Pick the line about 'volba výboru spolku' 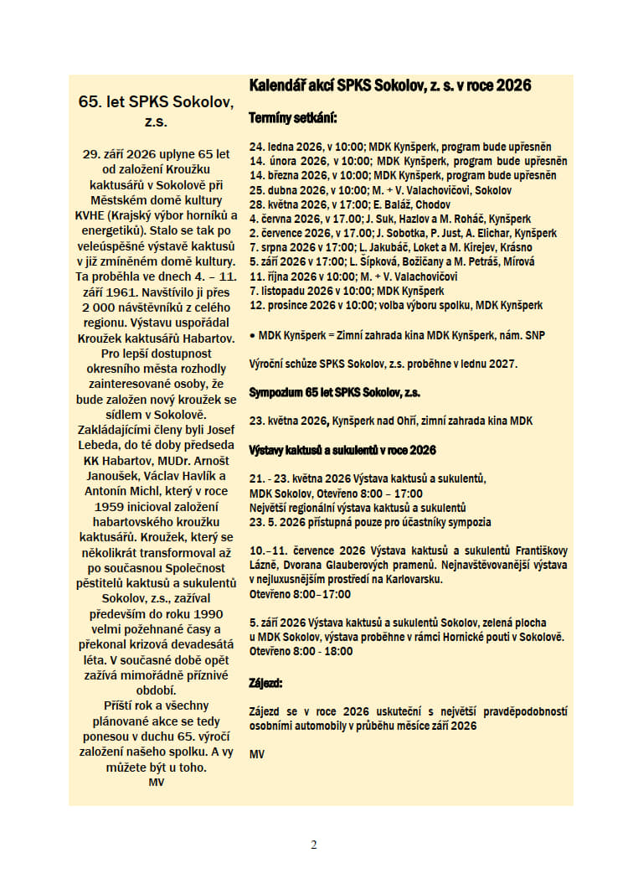click(395, 305)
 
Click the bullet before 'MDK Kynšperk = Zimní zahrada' click(252, 335)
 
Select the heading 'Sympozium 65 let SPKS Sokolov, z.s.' click(334, 392)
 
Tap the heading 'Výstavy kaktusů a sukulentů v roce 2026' click(342, 450)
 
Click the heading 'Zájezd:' click(266, 683)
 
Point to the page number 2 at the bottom click(314, 844)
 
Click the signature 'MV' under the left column click(156, 782)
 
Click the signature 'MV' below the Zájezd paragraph click(257, 754)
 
